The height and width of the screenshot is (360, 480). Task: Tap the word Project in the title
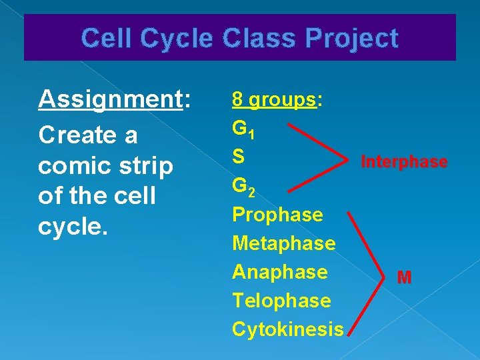[353, 38]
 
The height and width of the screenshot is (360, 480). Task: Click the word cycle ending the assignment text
[69, 227]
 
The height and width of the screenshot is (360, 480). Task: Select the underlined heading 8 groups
[273, 100]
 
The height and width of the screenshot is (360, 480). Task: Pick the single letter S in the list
[237, 157]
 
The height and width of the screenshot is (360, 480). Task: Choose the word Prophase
[277, 215]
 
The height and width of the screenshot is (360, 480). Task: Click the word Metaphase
[283, 243]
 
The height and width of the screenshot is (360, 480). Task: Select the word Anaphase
[279, 272]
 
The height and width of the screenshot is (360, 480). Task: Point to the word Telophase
[281, 301]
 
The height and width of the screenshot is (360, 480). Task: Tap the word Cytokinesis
[287, 329]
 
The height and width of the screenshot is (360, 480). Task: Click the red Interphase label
[403, 162]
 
